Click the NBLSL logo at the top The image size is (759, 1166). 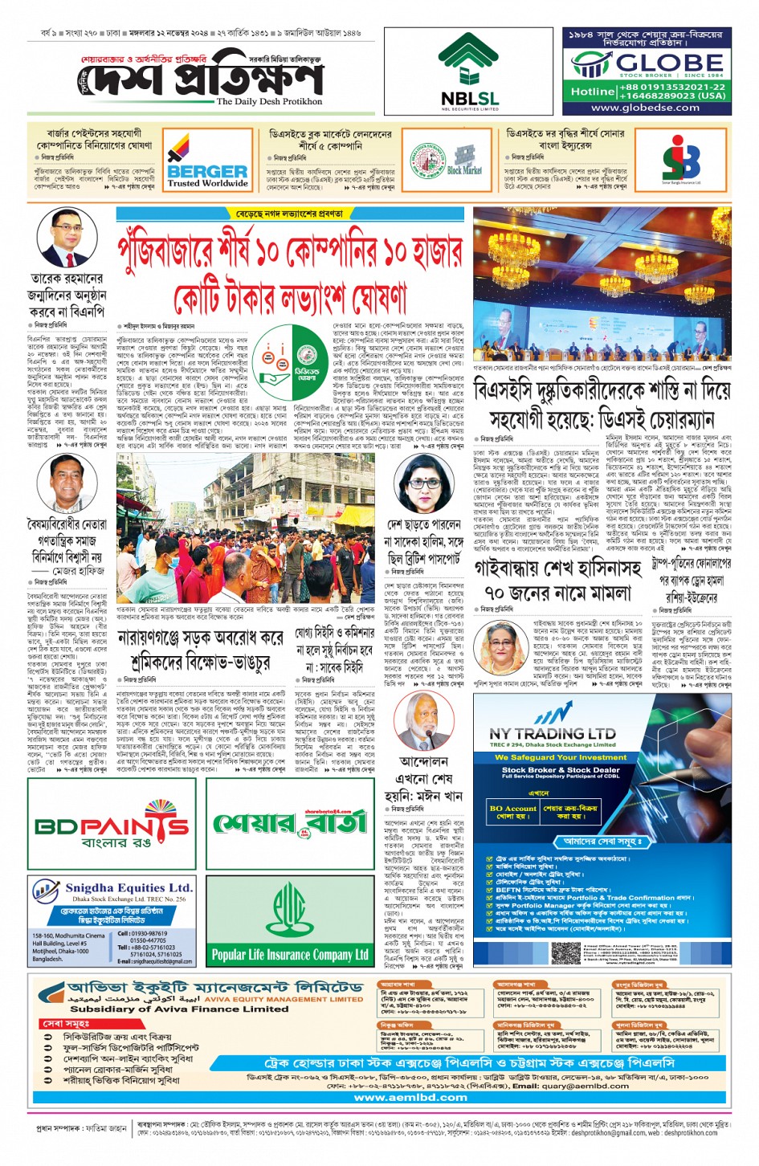470,71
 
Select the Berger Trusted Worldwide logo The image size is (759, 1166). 207,161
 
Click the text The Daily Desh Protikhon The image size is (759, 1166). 269,102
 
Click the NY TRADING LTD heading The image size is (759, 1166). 553,733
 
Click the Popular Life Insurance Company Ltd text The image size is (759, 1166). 290,954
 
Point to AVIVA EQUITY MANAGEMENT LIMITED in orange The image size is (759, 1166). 284,1000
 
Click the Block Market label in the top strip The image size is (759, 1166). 464,169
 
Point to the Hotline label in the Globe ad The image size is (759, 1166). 593,92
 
